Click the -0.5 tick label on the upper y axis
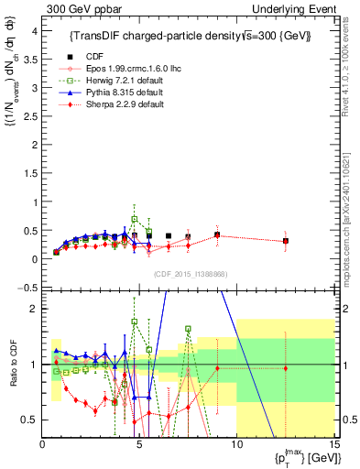tap(27, 288)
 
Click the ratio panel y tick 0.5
tap(29, 420)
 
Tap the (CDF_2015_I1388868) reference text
tap(188, 273)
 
